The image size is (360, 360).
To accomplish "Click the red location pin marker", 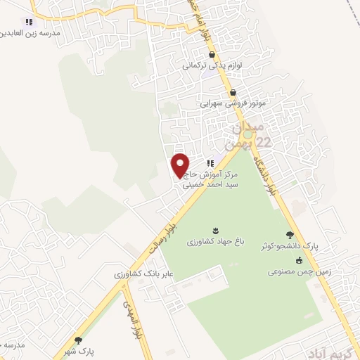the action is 181,165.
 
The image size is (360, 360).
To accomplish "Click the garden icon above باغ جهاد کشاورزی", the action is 215,230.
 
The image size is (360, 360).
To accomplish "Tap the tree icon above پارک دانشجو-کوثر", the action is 290,236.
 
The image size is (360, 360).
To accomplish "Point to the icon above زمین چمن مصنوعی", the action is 300,260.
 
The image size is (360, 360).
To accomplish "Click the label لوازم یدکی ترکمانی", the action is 212,65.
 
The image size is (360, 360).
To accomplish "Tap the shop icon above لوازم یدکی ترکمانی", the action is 212,54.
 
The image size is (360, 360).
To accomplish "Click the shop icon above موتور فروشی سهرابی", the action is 233,92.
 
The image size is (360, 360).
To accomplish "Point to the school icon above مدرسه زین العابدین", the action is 28,22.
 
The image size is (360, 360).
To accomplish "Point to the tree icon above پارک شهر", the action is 78,340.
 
